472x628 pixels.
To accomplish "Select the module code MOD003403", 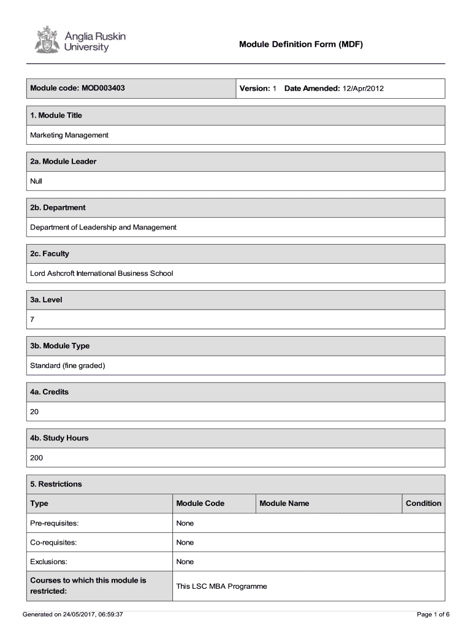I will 102,88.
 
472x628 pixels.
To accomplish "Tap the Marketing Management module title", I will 69,135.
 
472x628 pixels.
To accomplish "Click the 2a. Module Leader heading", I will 63,161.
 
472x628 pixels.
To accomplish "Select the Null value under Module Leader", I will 36,181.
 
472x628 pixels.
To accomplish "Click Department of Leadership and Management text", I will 103,227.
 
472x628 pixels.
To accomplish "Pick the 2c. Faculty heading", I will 50,253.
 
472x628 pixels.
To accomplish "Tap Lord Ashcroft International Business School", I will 102,273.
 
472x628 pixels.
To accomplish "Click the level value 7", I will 32,320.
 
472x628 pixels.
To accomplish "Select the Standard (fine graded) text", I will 68,366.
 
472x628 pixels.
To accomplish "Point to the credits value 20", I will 34,412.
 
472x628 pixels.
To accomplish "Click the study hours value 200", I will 37,458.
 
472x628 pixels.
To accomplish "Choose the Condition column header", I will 423,504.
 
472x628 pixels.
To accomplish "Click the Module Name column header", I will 284,504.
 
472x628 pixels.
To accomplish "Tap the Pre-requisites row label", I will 55,523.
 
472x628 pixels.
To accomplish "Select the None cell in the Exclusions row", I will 185,562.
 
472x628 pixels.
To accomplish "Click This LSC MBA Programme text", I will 221,586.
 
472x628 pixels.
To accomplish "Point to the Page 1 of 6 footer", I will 433,615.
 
